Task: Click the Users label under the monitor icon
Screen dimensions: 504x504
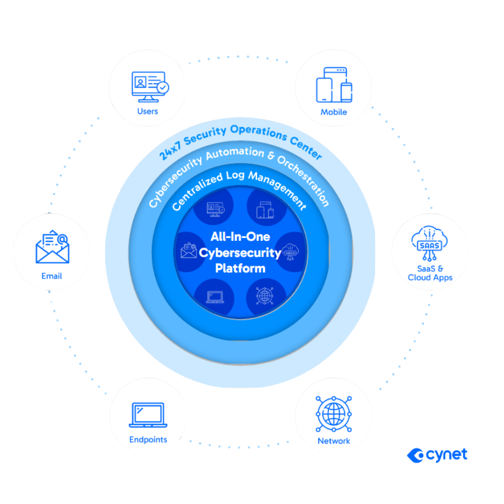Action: (148, 111)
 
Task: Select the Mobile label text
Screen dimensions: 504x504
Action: (334, 112)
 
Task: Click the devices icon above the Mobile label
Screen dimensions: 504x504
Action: (334, 85)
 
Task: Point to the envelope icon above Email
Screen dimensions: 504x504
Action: (52, 247)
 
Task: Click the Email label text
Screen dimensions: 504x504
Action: (52, 276)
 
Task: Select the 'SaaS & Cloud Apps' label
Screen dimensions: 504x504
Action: (430, 273)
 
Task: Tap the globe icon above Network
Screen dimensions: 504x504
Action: (334, 414)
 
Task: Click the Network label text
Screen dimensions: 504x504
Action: (334, 441)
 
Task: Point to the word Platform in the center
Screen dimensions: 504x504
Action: (240, 268)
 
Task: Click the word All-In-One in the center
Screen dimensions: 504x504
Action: (240, 237)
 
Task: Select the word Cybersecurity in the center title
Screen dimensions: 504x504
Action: (240, 253)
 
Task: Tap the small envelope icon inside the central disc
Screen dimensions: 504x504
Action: (188, 250)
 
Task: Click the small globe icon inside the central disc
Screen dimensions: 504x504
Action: (266, 295)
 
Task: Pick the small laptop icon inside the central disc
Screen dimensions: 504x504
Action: (214, 296)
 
